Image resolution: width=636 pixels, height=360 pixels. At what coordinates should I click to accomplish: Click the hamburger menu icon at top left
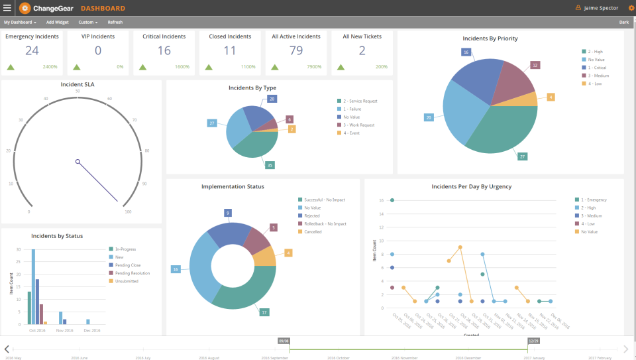tap(7, 8)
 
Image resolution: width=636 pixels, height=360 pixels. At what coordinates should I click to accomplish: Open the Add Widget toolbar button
tap(57, 22)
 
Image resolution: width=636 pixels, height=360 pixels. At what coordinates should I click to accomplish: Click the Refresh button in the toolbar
tap(115, 22)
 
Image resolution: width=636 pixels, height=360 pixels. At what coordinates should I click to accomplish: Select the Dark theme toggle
tap(623, 22)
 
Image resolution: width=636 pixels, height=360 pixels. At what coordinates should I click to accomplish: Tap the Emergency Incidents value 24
tap(32, 51)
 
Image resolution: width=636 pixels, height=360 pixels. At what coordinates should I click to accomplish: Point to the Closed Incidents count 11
tap(230, 51)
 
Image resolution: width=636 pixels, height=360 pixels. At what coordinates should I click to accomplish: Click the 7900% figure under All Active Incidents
tap(314, 67)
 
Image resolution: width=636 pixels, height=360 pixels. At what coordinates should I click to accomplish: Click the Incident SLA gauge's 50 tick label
tap(78, 91)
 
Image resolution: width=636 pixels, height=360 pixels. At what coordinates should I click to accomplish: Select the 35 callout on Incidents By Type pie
tap(270, 165)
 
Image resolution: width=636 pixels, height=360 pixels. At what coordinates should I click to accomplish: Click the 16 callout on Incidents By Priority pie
tap(466, 52)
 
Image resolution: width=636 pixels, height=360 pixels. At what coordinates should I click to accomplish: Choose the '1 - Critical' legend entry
tap(596, 67)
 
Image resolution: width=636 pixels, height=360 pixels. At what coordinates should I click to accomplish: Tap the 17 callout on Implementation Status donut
tap(264, 312)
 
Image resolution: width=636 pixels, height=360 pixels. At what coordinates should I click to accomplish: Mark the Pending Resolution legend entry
tap(132, 273)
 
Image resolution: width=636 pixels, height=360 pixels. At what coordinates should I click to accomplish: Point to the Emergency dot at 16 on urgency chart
tap(392, 200)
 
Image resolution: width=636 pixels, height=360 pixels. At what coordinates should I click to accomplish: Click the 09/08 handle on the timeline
tap(284, 341)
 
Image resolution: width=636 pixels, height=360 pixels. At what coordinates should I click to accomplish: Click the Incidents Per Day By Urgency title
tap(471, 187)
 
